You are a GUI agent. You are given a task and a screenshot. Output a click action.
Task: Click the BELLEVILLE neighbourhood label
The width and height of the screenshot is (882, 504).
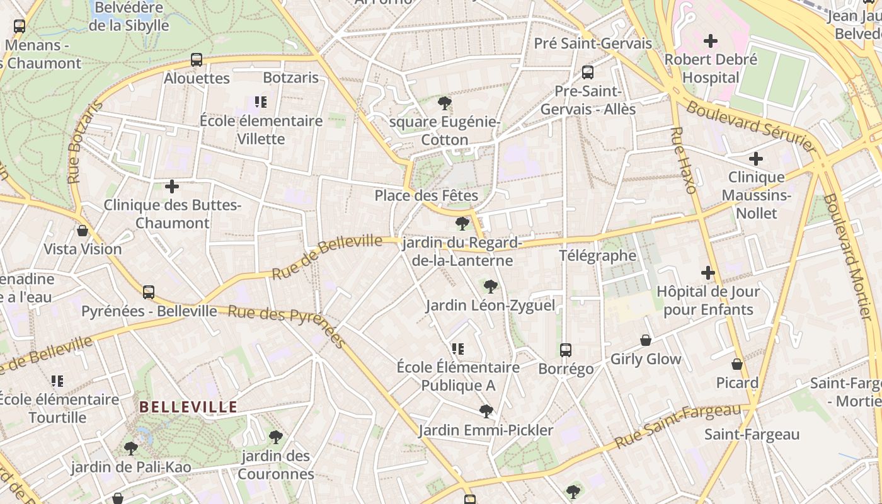click(188, 407)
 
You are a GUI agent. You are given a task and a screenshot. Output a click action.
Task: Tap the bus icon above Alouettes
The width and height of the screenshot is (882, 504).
click(197, 60)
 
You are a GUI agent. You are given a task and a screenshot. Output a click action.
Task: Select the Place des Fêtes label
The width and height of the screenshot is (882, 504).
click(427, 195)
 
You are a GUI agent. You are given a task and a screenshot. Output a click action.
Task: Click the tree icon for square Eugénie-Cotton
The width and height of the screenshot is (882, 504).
click(445, 103)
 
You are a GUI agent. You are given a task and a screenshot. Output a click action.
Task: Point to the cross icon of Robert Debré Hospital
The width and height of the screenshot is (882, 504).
click(711, 42)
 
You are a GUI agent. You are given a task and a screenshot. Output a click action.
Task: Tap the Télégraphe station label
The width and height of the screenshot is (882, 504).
click(598, 256)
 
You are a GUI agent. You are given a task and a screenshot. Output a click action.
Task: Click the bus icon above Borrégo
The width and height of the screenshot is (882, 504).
click(566, 350)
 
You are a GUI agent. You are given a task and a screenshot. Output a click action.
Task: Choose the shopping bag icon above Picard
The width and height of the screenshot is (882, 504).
click(737, 364)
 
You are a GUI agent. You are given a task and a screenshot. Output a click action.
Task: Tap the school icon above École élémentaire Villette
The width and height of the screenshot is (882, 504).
click(261, 102)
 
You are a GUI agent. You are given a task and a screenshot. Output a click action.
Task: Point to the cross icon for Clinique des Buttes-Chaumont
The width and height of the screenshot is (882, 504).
click(171, 186)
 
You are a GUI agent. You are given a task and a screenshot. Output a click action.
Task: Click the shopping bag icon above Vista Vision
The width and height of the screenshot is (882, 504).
click(82, 231)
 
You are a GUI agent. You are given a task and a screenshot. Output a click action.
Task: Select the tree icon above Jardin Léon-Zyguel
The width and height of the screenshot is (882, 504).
click(490, 287)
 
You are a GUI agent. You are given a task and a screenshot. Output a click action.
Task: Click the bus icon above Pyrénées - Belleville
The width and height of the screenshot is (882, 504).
click(149, 292)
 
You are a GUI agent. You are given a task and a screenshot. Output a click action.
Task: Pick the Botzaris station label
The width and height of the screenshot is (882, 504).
click(291, 78)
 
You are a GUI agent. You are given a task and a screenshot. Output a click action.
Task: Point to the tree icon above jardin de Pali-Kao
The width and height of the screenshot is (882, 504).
click(131, 449)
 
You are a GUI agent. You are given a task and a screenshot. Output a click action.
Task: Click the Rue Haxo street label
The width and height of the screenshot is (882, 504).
click(683, 160)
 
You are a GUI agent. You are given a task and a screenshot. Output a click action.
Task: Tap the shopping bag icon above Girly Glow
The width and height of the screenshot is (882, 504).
click(646, 340)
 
